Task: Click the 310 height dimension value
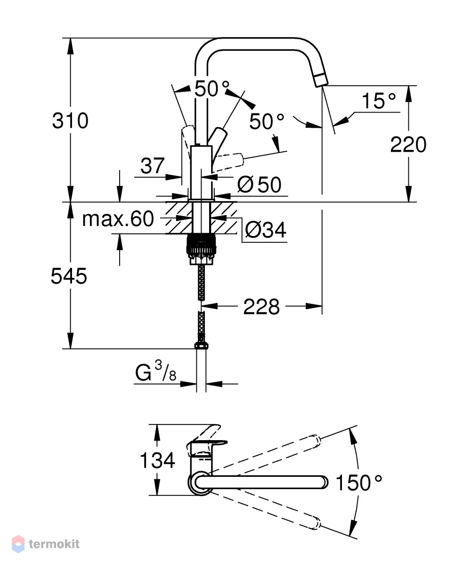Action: (x=70, y=120)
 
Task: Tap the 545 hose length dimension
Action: (x=69, y=277)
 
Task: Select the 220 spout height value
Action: (x=408, y=145)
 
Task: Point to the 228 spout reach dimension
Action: (x=261, y=307)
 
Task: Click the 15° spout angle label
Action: (x=379, y=100)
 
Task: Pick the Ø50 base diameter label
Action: (x=259, y=185)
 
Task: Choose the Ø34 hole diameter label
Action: (x=266, y=229)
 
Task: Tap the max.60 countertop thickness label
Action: (x=118, y=219)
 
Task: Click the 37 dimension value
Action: (x=153, y=166)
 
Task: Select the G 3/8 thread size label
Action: (x=155, y=371)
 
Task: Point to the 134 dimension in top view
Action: (x=157, y=460)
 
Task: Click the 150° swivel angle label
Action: (x=359, y=483)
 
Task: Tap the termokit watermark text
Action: (x=54, y=544)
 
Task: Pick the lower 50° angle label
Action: (x=267, y=121)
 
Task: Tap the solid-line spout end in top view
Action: (x=324, y=483)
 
